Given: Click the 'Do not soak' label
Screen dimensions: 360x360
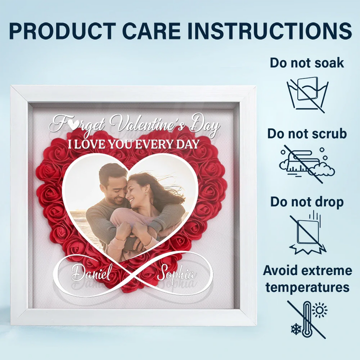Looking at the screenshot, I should [x=307, y=63].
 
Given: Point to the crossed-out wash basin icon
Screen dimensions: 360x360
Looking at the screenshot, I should [x=306, y=93].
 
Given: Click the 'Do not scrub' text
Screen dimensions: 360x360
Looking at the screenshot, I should [x=307, y=134].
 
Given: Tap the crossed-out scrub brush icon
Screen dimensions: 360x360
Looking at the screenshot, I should [x=306, y=163].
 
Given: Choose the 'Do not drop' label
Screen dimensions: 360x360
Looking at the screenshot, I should [x=307, y=202].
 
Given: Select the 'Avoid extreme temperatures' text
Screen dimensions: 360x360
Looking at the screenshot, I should [x=307, y=279].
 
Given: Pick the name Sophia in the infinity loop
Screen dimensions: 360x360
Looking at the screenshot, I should [x=176, y=274].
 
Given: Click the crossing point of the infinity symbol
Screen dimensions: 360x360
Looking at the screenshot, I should [x=134, y=273].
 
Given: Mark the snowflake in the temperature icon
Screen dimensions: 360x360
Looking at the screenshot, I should [x=296, y=329].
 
